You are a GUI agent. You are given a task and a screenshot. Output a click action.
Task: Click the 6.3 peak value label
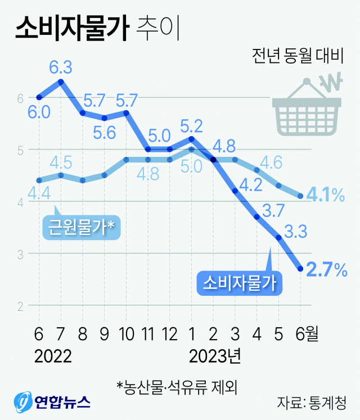click(60, 67)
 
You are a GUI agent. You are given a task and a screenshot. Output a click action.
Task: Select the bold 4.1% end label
click(327, 196)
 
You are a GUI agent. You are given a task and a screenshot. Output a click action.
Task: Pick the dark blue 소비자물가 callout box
click(239, 282)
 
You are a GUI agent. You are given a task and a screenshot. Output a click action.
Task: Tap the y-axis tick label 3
click(19, 254)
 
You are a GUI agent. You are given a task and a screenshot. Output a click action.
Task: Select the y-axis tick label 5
click(19, 150)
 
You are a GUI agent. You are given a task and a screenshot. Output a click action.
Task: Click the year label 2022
click(53, 356)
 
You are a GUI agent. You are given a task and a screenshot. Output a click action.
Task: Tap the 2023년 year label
click(215, 356)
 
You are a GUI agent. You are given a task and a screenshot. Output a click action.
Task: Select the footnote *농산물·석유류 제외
click(177, 387)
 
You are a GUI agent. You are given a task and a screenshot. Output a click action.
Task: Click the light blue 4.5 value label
click(60, 163)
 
